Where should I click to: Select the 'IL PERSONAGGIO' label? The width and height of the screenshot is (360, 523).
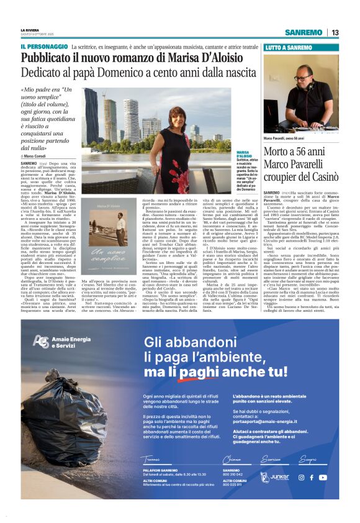[x=44, y=47]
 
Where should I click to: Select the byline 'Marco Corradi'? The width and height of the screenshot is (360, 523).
[x=38, y=155]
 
